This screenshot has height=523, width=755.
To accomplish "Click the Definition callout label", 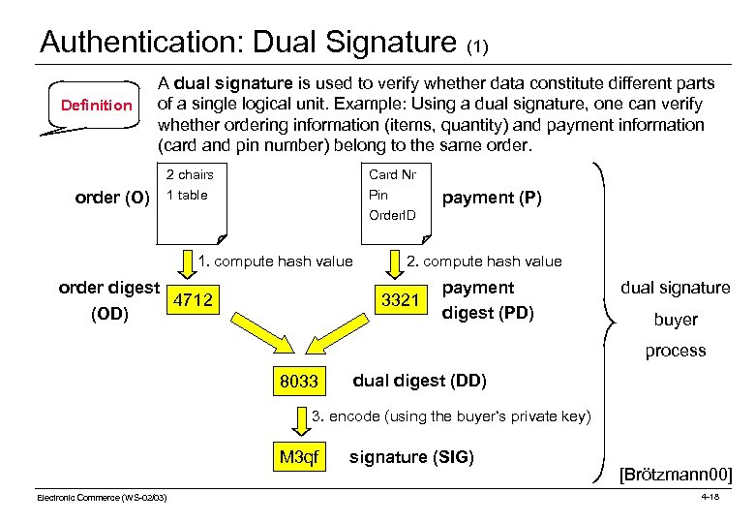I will [96, 105].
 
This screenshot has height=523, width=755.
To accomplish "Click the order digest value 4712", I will [193, 299].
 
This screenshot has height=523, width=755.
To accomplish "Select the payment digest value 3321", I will [400, 299].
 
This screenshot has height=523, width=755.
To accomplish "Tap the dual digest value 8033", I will [298, 382].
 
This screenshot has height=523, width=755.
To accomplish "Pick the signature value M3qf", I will [298, 457].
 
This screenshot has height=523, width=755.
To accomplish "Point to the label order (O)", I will [112, 198].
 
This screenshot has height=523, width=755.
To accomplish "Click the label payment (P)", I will [492, 198].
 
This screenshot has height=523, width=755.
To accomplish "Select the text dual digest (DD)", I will [419, 380].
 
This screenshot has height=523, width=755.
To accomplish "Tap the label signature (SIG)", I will [411, 456].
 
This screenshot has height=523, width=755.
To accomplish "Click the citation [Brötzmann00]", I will [676, 475].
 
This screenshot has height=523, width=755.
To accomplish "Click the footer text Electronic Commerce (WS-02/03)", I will [102, 497].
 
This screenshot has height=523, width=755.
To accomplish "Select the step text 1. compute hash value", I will [275, 261].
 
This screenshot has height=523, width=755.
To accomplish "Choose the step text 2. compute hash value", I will [484, 261].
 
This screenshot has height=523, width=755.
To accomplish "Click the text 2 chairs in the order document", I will [190, 174].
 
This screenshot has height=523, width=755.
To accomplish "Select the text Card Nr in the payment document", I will [392, 174].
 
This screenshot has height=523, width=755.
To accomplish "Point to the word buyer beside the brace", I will [676, 320].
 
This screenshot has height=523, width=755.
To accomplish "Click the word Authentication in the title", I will [141, 42].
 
